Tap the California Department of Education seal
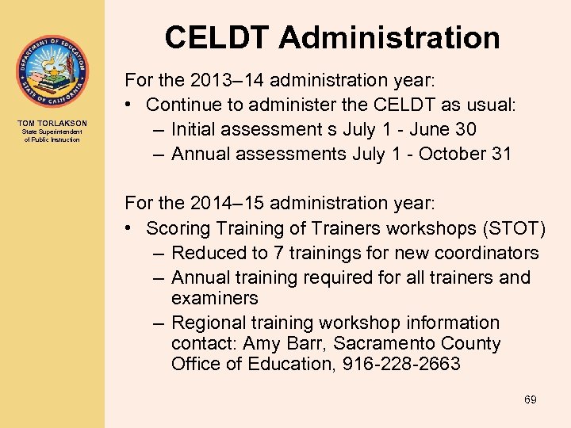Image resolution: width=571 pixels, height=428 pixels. (x=52, y=71)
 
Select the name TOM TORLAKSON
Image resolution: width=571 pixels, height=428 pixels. (x=52, y=124)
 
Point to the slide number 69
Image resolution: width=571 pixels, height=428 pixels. (x=530, y=399)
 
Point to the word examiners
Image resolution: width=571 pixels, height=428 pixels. (x=214, y=299)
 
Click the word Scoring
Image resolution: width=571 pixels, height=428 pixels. (x=180, y=229)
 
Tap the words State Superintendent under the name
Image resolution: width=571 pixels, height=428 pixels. (x=52, y=132)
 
